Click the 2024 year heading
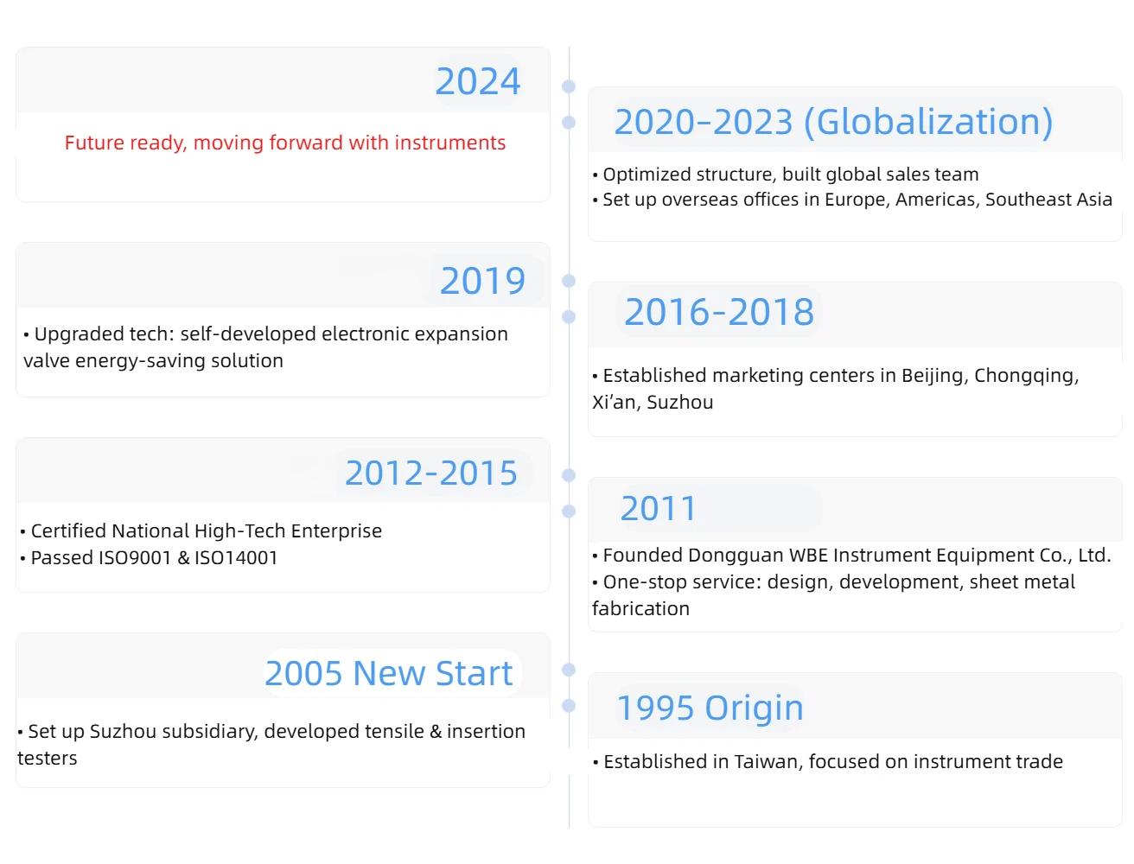[x=476, y=81]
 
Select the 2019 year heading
[x=481, y=281]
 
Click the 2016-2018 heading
[x=718, y=312]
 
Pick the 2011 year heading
[x=658, y=508]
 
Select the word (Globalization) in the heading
[x=927, y=123]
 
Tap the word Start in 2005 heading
[x=474, y=673]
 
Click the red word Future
[x=94, y=143]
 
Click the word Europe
[x=856, y=200]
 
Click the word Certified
[x=68, y=530]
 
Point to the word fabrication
[x=640, y=609]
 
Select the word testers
[x=47, y=759]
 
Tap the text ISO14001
[x=236, y=558]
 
